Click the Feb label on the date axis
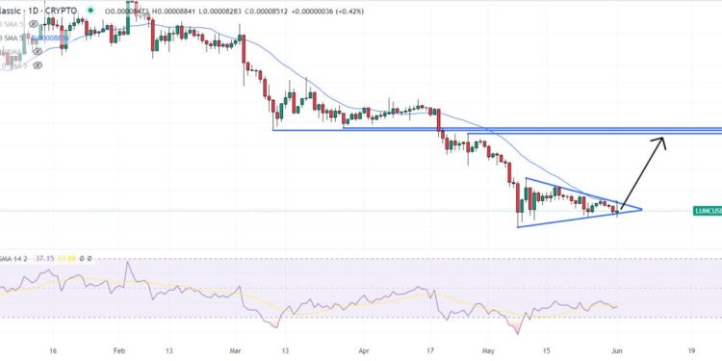(118, 352)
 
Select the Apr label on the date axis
(363, 352)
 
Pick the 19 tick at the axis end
(693, 352)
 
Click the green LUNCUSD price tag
(708, 210)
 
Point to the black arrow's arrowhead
(662, 141)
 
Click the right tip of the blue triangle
(641, 209)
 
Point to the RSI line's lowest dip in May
(519, 333)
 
